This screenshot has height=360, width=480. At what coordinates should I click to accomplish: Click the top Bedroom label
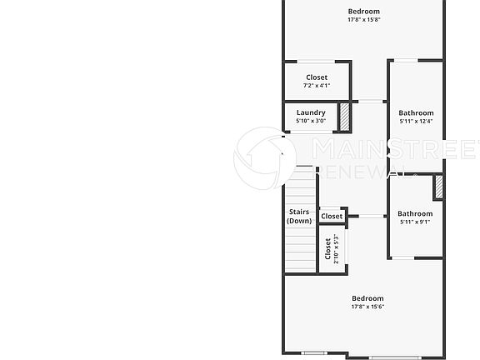tap(364, 11)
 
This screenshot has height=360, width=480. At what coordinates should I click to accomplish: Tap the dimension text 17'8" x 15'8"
tap(364, 20)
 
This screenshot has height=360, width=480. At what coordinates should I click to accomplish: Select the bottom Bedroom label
tap(367, 298)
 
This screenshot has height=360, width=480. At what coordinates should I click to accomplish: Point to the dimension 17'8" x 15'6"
tap(367, 307)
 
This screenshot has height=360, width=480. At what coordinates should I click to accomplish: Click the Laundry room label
tap(311, 112)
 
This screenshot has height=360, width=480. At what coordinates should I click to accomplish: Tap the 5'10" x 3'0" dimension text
tap(311, 121)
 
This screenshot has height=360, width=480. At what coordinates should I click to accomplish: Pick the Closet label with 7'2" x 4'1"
tap(317, 77)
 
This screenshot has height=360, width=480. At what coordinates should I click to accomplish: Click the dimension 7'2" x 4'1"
tap(317, 86)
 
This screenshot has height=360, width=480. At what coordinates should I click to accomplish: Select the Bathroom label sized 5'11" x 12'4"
tap(416, 112)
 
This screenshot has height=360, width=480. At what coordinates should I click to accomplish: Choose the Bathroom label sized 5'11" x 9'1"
tap(415, 213)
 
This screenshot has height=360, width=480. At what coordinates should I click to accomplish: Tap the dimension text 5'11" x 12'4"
tap(416, 122)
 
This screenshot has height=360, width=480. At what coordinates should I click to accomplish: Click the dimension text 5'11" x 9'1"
tap(415, 222)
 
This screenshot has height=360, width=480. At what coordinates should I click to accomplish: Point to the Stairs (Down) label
tap(299, 217)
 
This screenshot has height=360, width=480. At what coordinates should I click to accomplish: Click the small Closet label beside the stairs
tap(332, 217)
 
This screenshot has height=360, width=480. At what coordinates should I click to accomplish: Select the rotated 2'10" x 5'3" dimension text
tap(337, 249)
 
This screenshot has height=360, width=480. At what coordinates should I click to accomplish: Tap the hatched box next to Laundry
tap(343, 116)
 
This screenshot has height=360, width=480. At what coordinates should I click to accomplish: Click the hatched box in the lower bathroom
tap(438, 187)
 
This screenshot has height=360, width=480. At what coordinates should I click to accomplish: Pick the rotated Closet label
tap(327, 249)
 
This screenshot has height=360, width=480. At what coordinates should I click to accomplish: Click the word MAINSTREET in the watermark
tap(395, 151)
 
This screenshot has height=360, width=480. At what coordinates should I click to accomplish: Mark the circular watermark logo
tap(265, 158)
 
